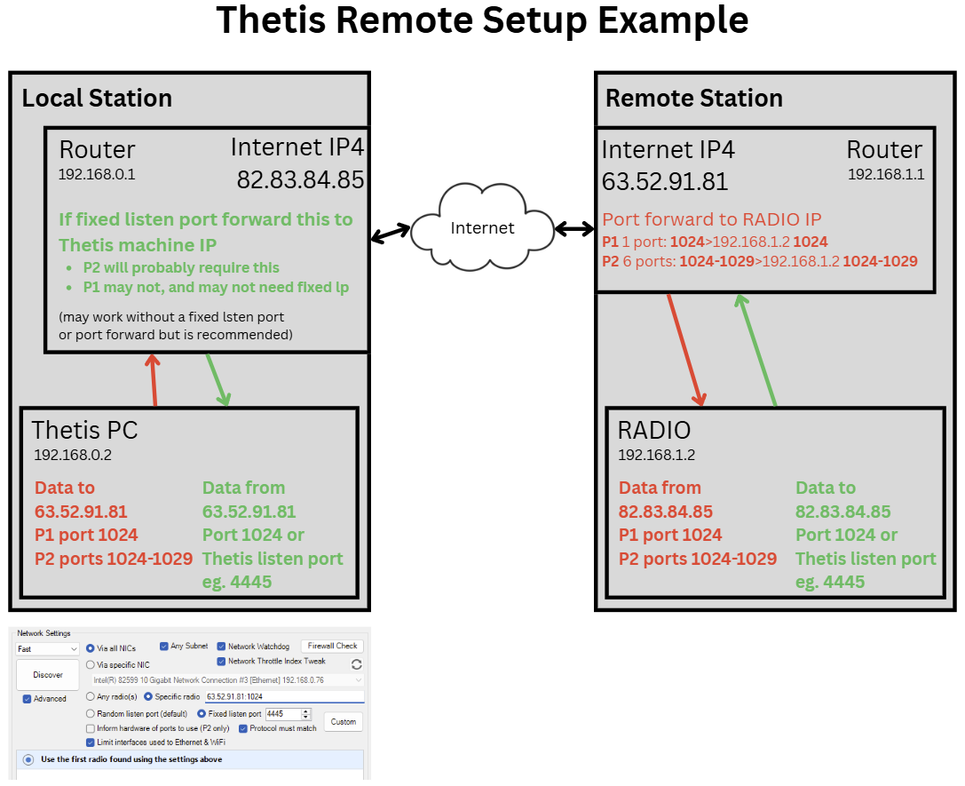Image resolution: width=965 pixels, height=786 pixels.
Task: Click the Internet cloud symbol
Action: [x=481, y=227]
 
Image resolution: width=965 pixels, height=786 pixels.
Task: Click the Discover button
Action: [x=48, y=675]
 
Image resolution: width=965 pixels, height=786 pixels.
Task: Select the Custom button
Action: [x=344, y=721]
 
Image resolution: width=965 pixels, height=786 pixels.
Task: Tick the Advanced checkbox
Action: [x=28, y=699]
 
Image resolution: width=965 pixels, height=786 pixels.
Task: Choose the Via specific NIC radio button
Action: [x=90, y=664]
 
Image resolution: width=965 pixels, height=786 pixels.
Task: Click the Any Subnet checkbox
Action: [x=164, y=647]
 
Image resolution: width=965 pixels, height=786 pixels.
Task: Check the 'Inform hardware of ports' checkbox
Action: [x=90, y=728]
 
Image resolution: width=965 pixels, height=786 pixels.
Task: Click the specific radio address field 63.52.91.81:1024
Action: [x=284, y=697]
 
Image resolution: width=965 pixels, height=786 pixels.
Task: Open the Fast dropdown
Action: [x=48, y=649]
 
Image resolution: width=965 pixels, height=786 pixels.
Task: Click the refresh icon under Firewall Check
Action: [x=357, y=664]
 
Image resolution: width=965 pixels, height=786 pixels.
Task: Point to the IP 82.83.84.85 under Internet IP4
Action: [x=300, y=180]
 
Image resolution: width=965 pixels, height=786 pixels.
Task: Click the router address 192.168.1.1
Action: [x=885, y=175]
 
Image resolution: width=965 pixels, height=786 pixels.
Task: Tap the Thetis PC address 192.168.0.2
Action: [x=73, y=456]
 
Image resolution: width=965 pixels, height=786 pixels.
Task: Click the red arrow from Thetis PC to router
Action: [x=154, y=381]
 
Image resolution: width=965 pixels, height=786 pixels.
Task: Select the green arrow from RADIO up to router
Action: [x=756, y=352]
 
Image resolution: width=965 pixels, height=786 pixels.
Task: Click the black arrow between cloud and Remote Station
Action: [x=574, y=230]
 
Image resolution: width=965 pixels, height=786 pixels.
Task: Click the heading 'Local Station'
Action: [x=97, y=98]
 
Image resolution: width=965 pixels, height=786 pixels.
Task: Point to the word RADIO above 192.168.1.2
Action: [x=654, y=431]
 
